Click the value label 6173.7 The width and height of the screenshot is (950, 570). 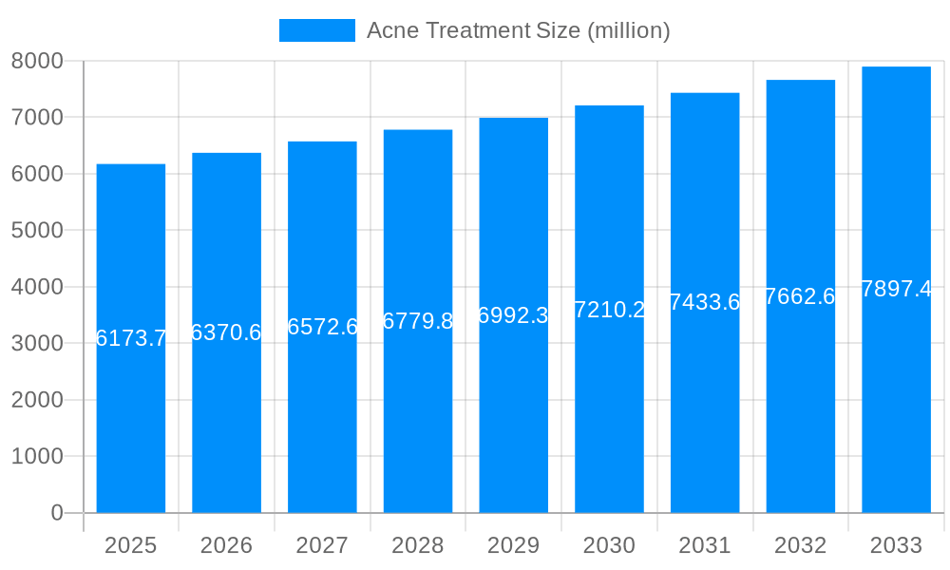click(131, 338)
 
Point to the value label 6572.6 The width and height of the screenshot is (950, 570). click(322, 327)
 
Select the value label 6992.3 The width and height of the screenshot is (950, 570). click(513, 315)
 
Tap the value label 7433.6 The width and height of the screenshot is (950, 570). click(705, 302)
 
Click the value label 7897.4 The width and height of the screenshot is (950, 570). click(896, 289)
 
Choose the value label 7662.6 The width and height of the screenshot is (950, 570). click(800, 296)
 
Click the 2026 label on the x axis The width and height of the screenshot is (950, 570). click(226, 545)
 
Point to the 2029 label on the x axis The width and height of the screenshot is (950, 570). click(513, 545)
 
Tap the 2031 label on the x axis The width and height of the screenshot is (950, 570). click(705, 545)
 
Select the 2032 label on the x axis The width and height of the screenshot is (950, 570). click(800, 545)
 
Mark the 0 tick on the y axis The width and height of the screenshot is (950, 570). click(56, 513)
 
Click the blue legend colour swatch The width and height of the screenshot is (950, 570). click(316, 30)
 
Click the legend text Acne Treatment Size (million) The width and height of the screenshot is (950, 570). click(518, 30)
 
